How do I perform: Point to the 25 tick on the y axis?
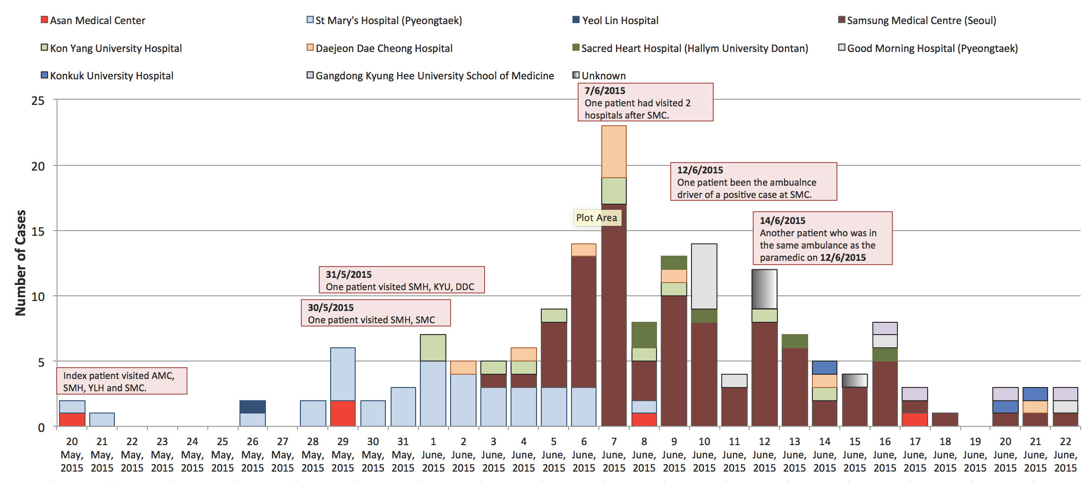coord(38,101)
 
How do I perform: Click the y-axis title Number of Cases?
coord(20,262)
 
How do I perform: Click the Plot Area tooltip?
coord(597,218)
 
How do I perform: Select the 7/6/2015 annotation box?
coord(645,103)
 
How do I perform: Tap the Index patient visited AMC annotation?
coord(121,381)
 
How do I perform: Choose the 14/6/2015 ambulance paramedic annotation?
coord(822,239)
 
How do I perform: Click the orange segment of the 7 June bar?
coord(614,152)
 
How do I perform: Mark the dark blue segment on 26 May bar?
coord(253,407)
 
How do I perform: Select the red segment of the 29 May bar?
coord(343,413)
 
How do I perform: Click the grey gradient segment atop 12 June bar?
coord(764,289)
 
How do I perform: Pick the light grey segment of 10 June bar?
coord(704,276)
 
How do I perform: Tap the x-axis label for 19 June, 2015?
coord(975,454)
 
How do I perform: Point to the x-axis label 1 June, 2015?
coord(433,454)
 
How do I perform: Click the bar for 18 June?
coord(945,420)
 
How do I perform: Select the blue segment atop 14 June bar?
coord(825,368)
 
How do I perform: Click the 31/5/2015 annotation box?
coord(401,280)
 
